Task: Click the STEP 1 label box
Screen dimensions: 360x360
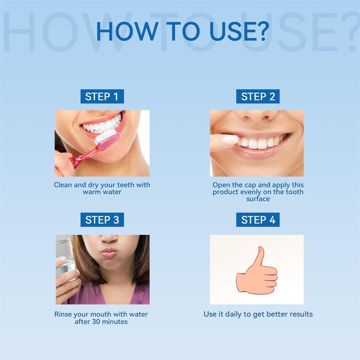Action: click(x=102, y=96)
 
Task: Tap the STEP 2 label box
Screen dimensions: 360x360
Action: click(x=258, y=96)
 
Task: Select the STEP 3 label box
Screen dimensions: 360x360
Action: click(x=102, y=220)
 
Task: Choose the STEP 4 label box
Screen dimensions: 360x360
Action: click(x=258, y=220)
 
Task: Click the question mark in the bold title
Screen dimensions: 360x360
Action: click(x=262, y=31)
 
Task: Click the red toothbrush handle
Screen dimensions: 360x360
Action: click(x=84, y=157)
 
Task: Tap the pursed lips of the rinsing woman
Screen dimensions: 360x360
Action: click(x=109, y=252)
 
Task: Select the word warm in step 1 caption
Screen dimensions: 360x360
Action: click(x=92, y=192)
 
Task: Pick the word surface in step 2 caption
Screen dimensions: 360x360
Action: click(x=258, y=199)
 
